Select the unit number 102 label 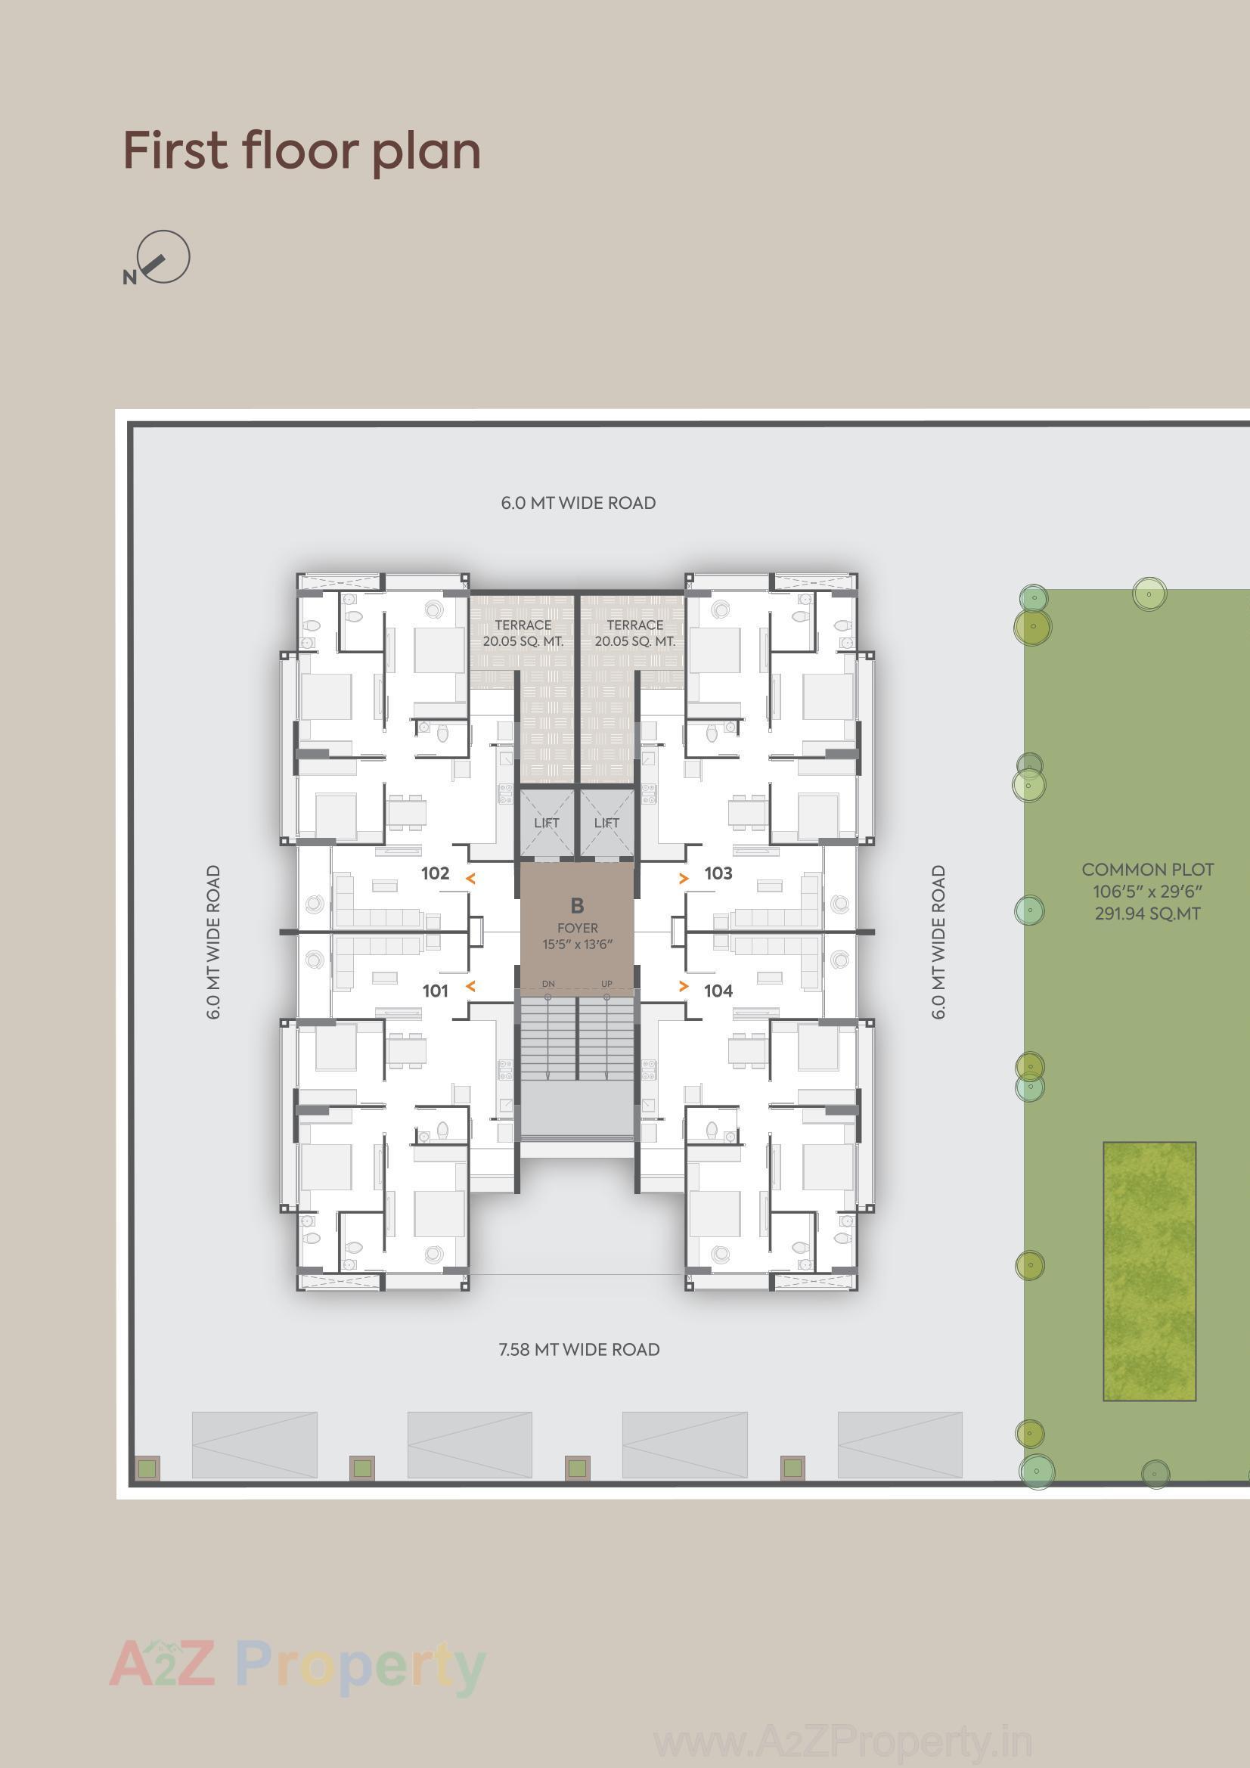click(435, 873)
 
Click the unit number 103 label click(718, 873)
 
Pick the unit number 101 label click(435, 991)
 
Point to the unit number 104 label click(718, 991)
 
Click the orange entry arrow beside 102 click(470, 878)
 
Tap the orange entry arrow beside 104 click(683, 986)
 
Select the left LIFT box click(547, 823)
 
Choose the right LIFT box click(607, 823)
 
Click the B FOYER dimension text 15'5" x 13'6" click(578, 944)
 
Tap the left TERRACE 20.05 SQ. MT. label click(523, 633)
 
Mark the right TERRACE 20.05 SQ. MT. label click(634, 633)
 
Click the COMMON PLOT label click(1148, 870)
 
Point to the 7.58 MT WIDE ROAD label click(579, 1350)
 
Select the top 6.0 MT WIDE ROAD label click(578, 503)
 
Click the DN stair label click(548, 984)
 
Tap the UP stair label click(607, 984)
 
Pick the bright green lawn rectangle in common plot click(1149, 1270)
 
